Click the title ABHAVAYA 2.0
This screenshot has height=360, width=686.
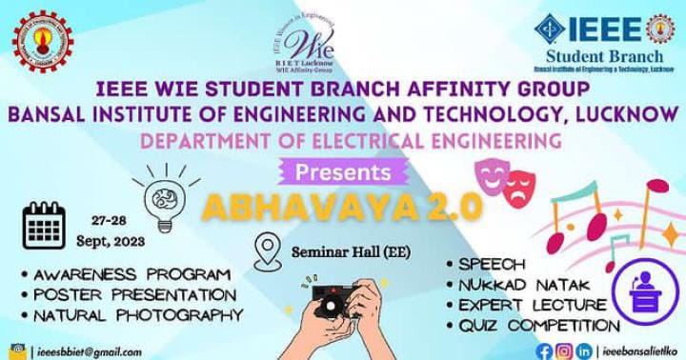pyautogui.click(x=342, y=208)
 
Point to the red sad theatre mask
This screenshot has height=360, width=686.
pyautogui.click(x=517, y=186)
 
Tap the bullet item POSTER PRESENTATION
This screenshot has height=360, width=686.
pyautogui.click(x=133, y=293)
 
